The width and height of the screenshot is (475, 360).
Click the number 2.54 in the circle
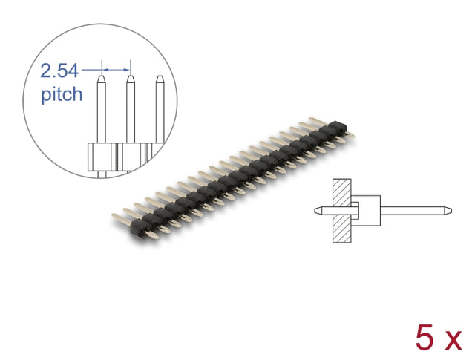[59, 71]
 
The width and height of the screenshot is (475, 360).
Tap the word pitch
[62, 94]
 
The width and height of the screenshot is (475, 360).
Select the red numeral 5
[425, 337]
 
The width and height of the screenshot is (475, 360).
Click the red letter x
[453, 341]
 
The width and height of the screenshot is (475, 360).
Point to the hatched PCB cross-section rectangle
[341, 211]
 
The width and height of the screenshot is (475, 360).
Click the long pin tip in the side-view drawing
[448, 211]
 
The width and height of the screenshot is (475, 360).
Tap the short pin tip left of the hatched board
[318, 211]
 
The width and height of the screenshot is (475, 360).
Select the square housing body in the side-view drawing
[366, 211]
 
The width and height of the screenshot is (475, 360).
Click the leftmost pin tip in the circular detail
[102, 79]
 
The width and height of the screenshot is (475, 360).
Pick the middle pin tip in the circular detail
[131, 79]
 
